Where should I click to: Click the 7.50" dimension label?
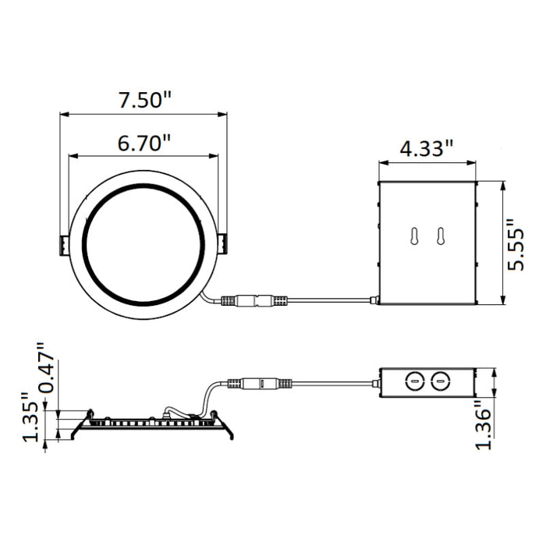(144, 100)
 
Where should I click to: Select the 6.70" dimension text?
(144, 144)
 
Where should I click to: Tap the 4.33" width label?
(427, 148)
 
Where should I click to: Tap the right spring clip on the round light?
(223, 245)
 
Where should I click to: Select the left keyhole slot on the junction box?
(413, 237)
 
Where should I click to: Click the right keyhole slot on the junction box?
(441, 237)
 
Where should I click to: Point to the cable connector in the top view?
(255, 300)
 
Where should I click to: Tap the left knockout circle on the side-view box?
(415, 381)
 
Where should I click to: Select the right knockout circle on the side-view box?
(441, 381)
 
